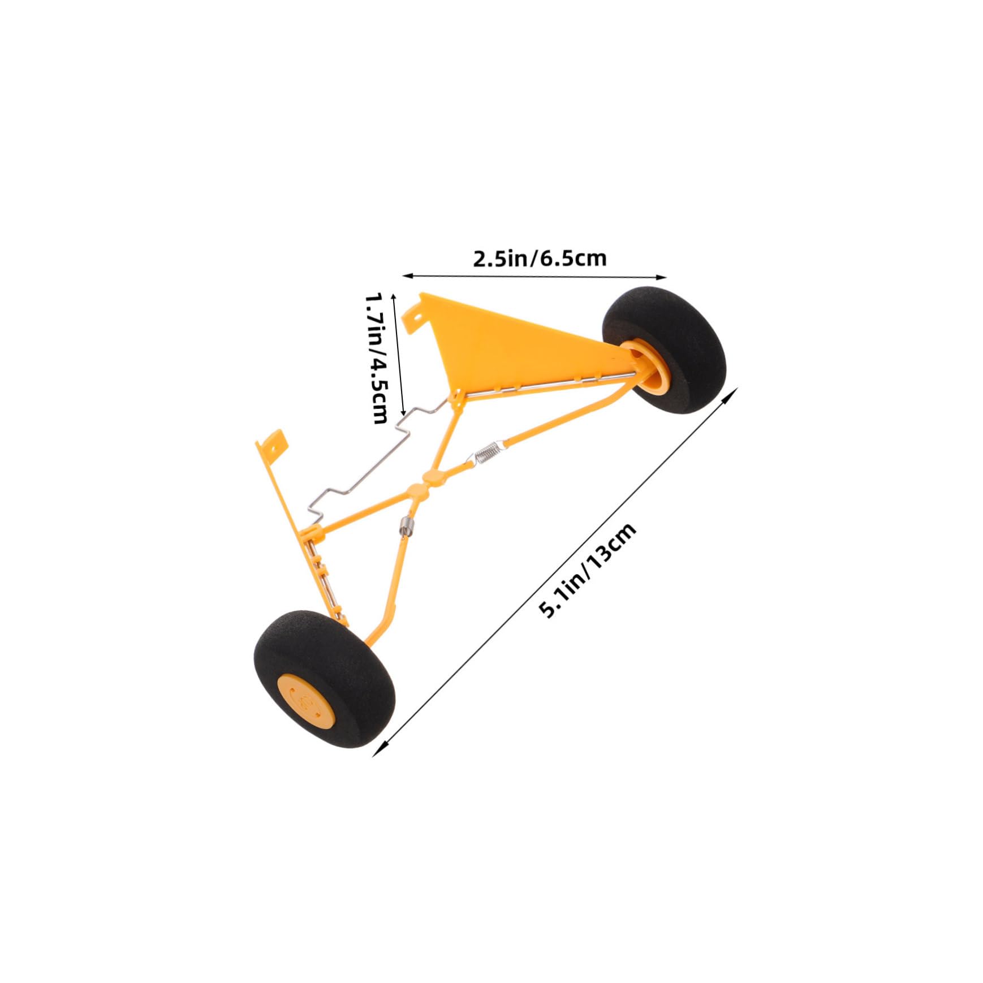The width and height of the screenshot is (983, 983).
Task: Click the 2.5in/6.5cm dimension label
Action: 540,258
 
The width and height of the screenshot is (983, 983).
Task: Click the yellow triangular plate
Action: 509,339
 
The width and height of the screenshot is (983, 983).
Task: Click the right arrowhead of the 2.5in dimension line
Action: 664,277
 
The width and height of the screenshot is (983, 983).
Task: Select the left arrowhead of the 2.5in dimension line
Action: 405,275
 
